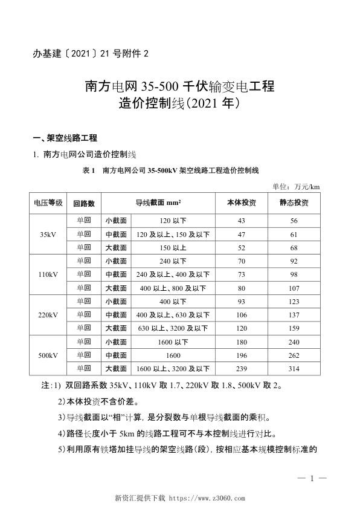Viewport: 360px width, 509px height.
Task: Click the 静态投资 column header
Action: pos(294,203)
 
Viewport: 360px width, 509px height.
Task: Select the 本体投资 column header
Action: pos(241,203)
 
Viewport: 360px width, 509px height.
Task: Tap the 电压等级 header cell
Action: pos(48,203)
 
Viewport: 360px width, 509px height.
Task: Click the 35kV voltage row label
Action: pos(48,233)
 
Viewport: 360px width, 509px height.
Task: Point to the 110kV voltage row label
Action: pos(48,274)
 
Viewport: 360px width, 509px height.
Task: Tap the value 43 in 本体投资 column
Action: pos(241,220)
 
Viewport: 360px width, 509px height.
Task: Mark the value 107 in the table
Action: pos(294,288)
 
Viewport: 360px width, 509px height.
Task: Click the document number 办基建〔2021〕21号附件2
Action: pos(89,53)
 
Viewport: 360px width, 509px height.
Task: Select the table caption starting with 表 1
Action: pos(171,170)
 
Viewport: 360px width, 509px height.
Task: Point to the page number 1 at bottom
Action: pos(312,479)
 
